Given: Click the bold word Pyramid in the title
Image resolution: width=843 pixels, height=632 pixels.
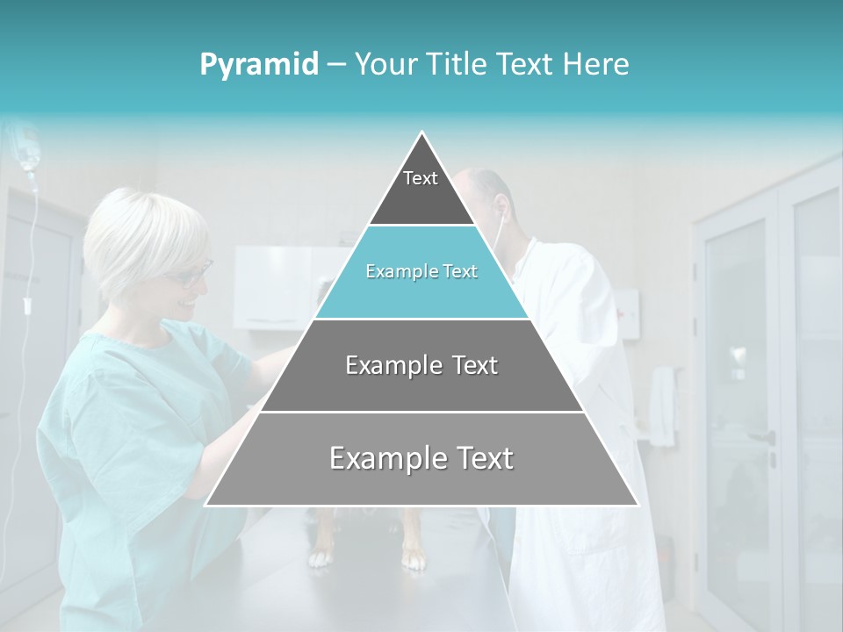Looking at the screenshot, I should click(259, 65).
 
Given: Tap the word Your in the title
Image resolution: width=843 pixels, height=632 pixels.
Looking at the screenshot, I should click(386, 65).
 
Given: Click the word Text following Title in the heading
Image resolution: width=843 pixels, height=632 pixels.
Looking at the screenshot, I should click(525, 65).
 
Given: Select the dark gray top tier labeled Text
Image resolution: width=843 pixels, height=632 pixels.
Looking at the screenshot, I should click(421, 189).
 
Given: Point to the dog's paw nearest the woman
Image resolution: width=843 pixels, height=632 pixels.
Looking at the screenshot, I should click(320, 555).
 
